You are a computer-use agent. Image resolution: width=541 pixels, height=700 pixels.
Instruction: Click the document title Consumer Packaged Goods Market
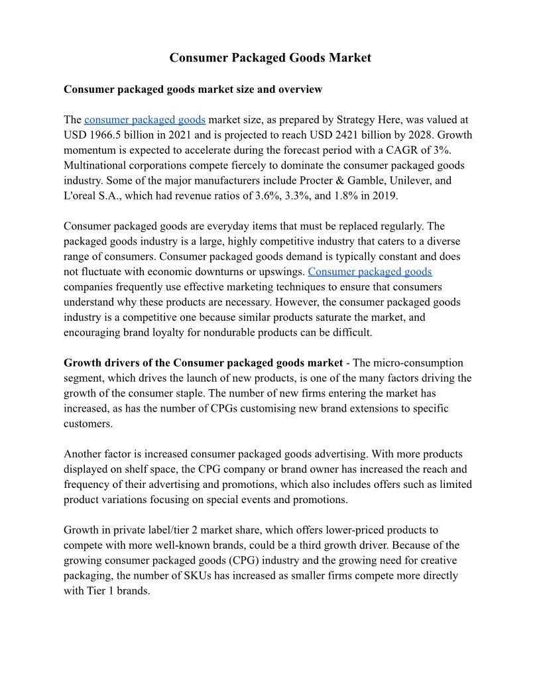point(270,58)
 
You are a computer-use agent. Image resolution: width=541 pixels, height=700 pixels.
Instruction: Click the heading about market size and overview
point(193,89)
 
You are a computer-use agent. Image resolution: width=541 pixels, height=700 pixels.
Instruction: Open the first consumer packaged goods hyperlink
point(145,120)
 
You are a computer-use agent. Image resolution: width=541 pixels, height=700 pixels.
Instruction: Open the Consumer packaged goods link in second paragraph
point(370,272)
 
